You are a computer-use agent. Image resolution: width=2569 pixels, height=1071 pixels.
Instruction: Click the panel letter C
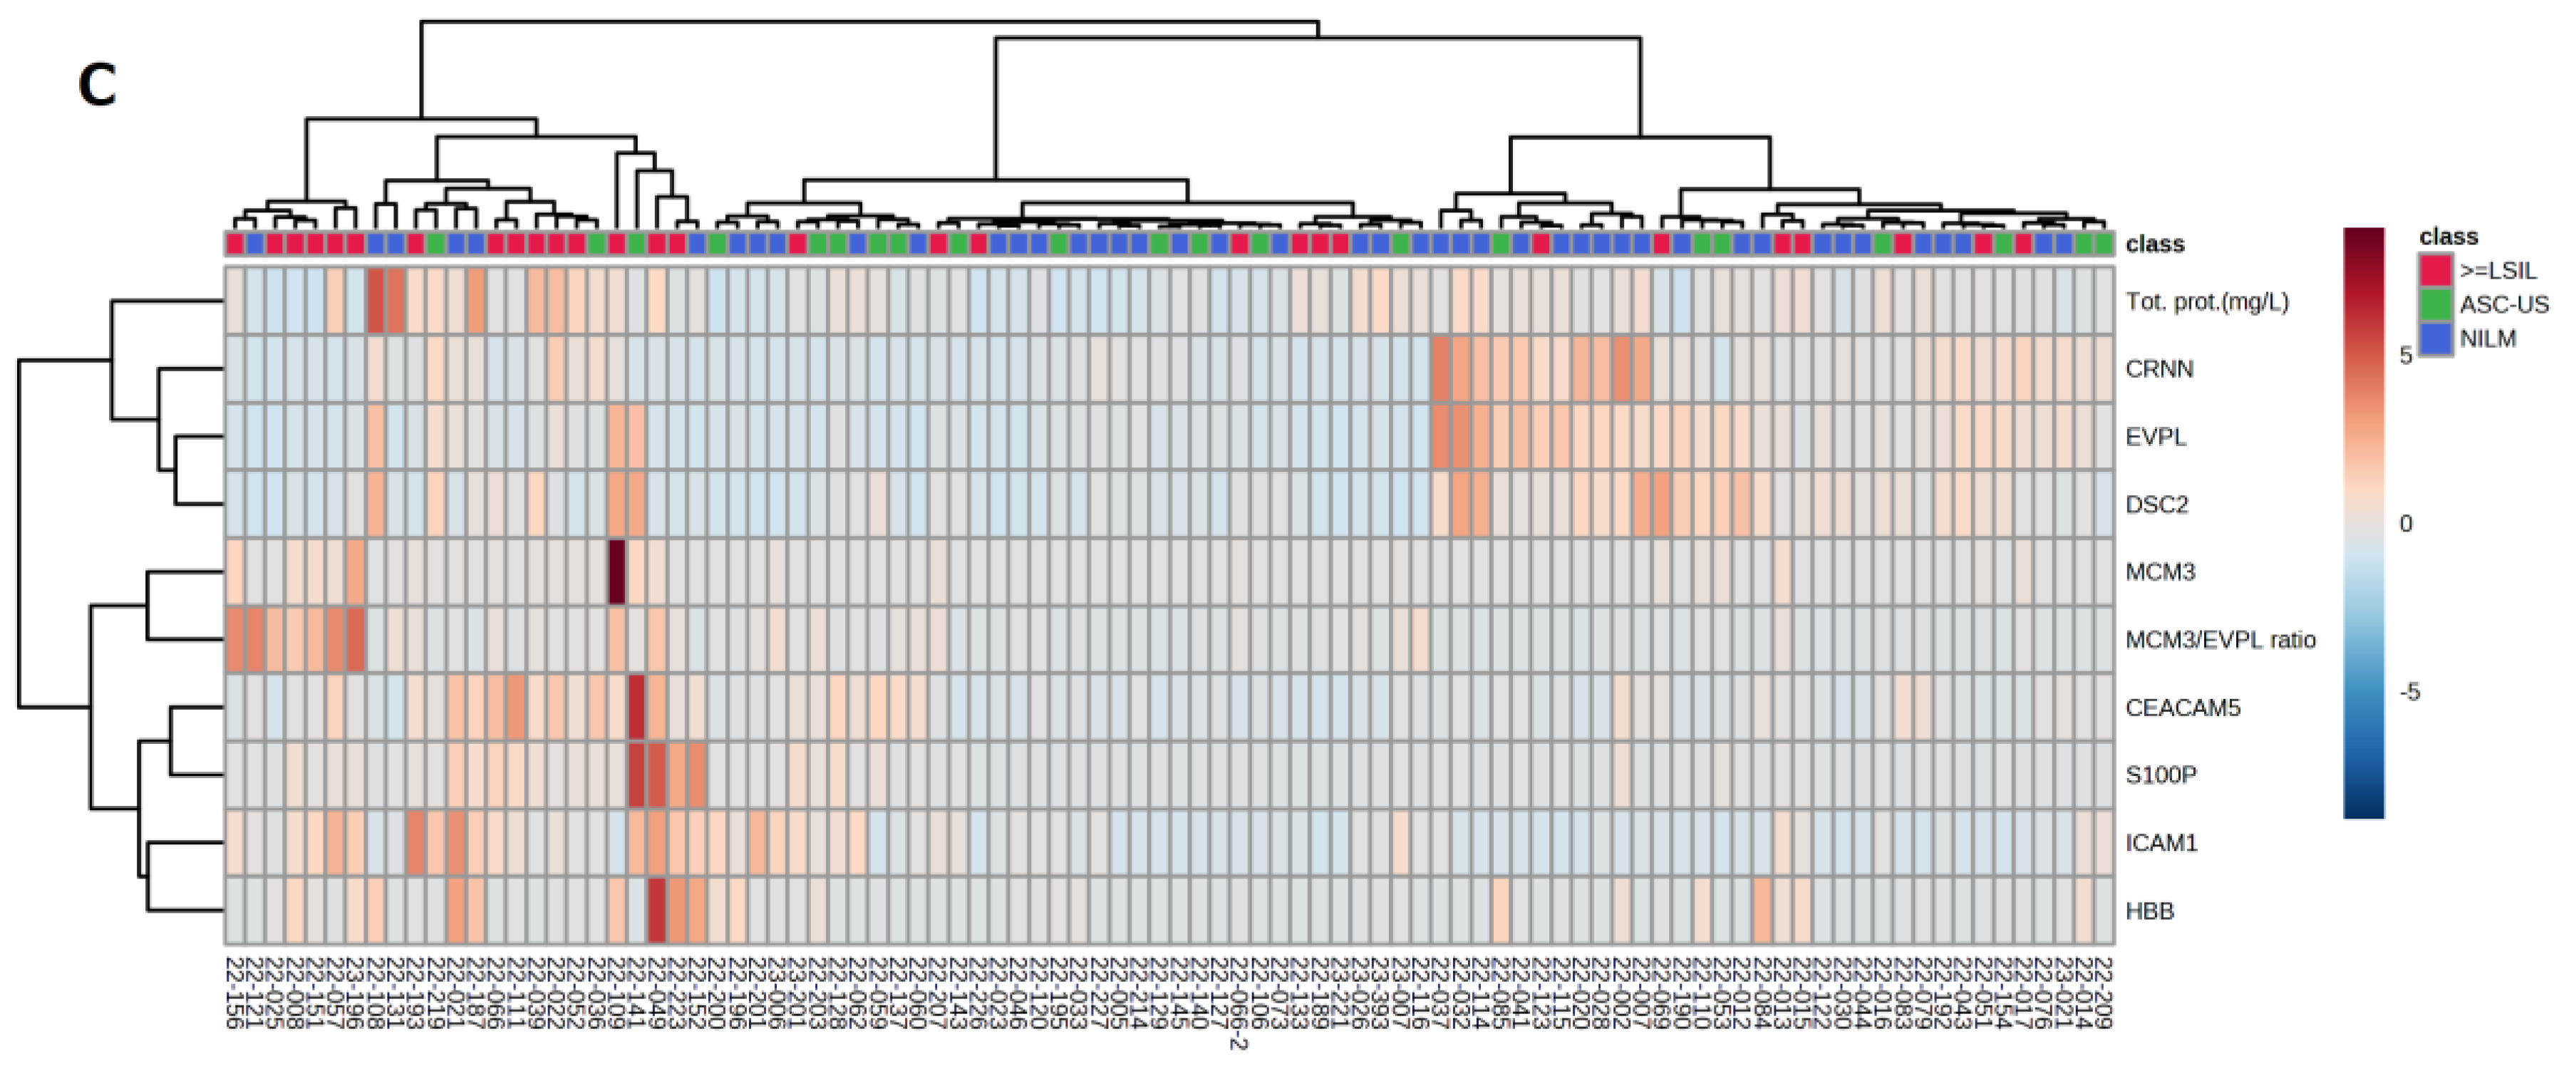(97, 86)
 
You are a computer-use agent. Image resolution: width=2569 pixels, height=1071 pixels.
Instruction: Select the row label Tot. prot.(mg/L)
(2206, 302)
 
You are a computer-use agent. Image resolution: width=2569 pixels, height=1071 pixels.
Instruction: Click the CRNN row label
(2159, 369)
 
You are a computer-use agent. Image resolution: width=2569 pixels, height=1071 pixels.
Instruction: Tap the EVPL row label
(2155, 437)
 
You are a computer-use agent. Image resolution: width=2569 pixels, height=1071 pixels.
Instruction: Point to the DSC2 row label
(2156, 505)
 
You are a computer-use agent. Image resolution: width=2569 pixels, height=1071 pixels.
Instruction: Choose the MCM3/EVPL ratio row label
(2220, 639)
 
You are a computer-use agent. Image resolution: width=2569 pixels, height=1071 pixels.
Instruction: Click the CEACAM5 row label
(2182, 707)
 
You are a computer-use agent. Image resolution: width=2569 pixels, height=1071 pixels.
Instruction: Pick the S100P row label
(2160, 775)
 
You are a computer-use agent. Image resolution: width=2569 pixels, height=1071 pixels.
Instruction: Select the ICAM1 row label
(2161, 843)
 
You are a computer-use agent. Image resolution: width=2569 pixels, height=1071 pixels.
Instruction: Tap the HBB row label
(2149, 911)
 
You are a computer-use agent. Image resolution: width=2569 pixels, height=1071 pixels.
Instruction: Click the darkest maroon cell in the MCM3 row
(616, 571)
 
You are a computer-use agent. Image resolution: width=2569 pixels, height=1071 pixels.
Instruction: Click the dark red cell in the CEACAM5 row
(636, 707)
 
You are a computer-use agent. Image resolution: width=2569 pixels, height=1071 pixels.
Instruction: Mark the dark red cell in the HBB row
(656, 911)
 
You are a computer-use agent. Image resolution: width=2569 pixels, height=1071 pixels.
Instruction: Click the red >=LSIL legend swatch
(2435, 270)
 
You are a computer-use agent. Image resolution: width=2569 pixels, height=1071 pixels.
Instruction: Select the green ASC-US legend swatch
(2435, 304)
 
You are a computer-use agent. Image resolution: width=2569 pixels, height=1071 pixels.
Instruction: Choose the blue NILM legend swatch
(2435, 338)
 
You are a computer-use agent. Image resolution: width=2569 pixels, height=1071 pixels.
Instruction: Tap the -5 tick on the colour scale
(2409, 692)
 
